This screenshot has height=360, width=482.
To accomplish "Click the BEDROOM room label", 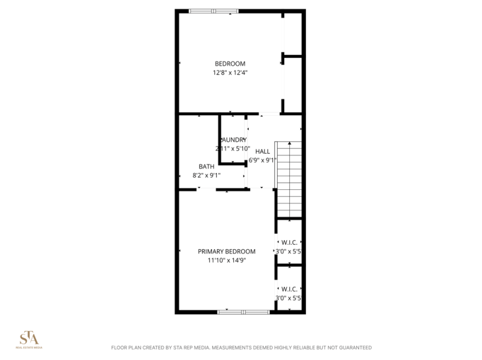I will coord(230,64).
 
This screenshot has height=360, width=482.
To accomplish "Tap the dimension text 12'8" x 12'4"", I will coord(230,72).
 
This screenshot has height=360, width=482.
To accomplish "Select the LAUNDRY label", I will coord(233,140).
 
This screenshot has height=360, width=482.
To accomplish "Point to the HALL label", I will coord(263,151).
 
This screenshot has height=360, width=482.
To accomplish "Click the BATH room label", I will coord(207,166).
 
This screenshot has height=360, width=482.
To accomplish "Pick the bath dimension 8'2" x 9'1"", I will coord(205,175).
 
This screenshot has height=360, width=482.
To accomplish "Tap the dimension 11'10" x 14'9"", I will coord(227,261).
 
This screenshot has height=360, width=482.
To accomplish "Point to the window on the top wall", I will coord(213,11).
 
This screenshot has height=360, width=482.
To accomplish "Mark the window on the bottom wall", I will coord(243,312).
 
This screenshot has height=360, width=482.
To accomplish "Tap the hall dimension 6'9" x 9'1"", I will coord(263,160).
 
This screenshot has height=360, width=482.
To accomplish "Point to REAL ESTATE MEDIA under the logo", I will coord(29,348).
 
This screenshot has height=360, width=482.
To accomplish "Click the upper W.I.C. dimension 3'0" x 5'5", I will coord(288,251).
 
